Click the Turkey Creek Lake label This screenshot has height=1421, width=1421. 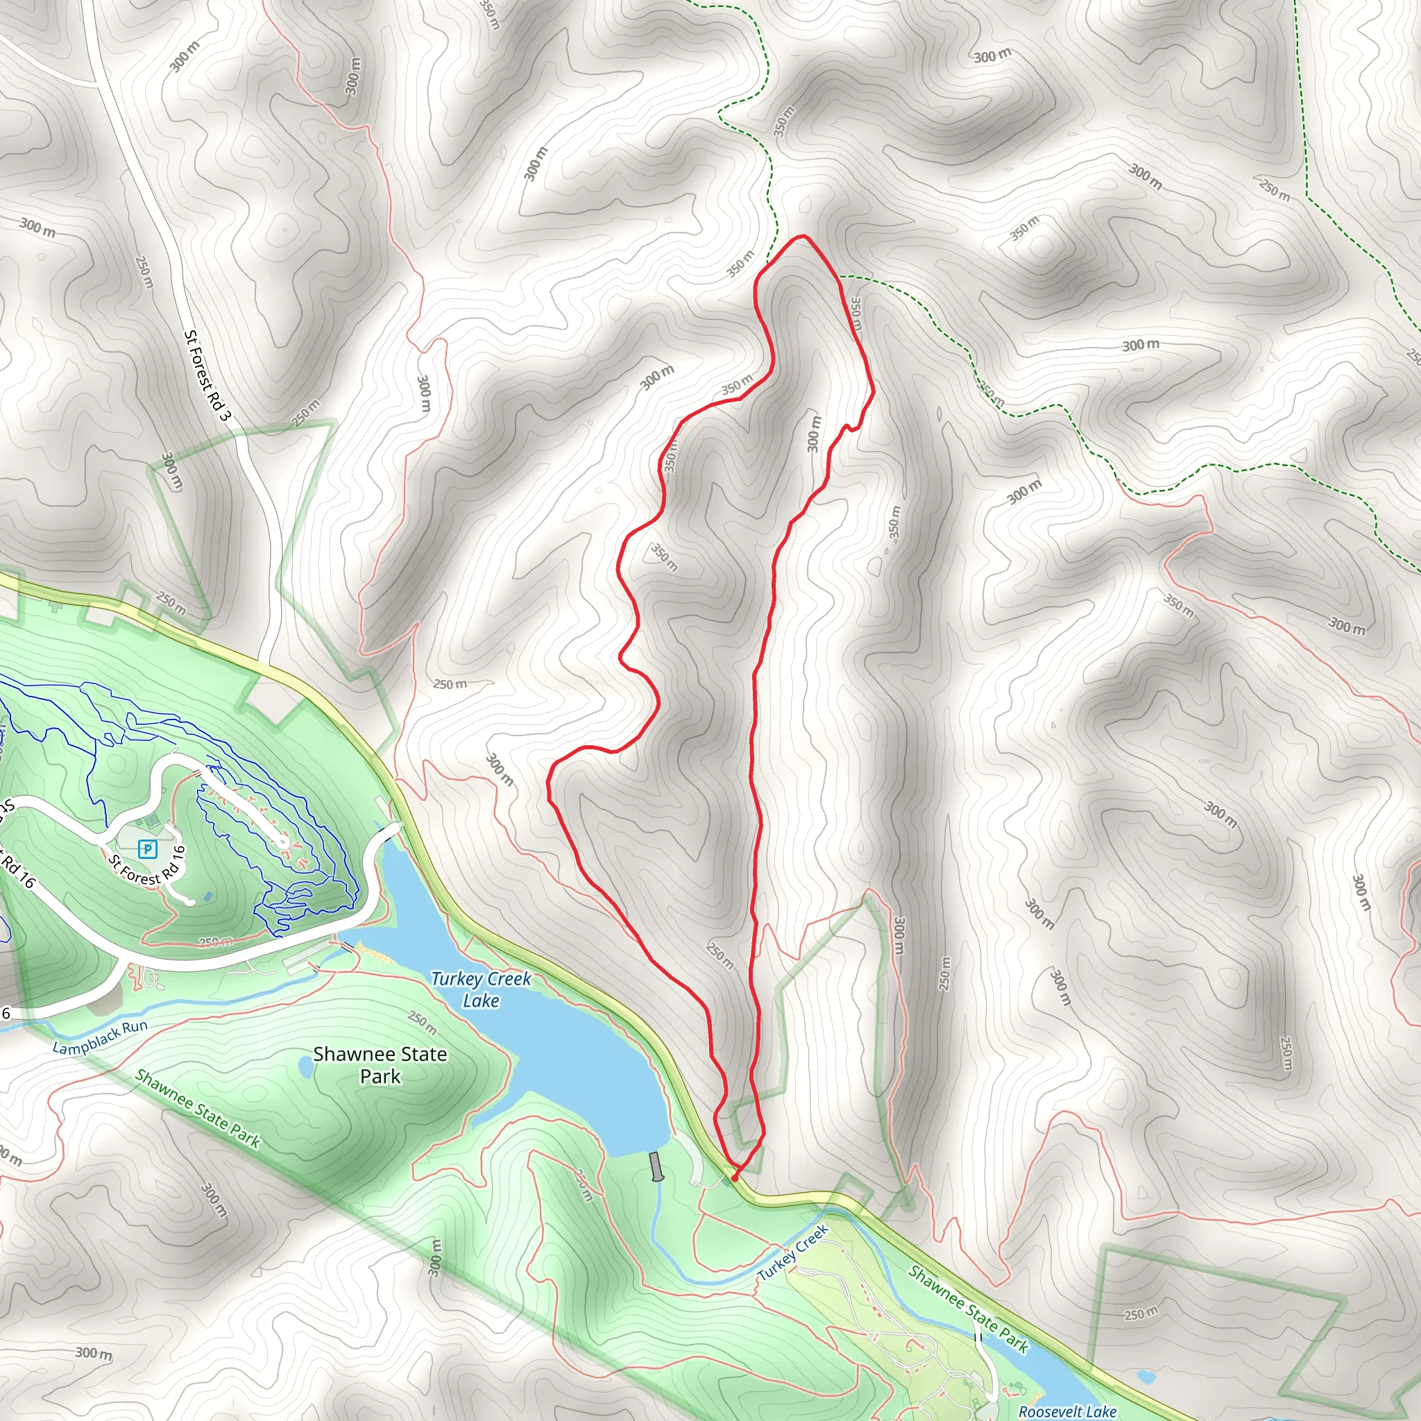481,989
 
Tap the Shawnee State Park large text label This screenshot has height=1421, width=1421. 380,1065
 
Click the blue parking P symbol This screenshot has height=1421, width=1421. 148,849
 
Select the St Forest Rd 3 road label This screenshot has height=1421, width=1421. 207,376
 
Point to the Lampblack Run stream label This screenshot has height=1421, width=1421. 100,1037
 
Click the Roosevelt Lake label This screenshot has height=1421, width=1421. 1066,1411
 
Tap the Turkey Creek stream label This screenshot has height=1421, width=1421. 793,1252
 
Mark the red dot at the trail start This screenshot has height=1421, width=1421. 734,1177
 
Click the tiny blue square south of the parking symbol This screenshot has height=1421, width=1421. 207,896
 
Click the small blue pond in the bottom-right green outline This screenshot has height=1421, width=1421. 1145,1375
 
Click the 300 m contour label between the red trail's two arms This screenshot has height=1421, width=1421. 813,434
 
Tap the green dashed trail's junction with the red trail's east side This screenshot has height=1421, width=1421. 840,278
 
